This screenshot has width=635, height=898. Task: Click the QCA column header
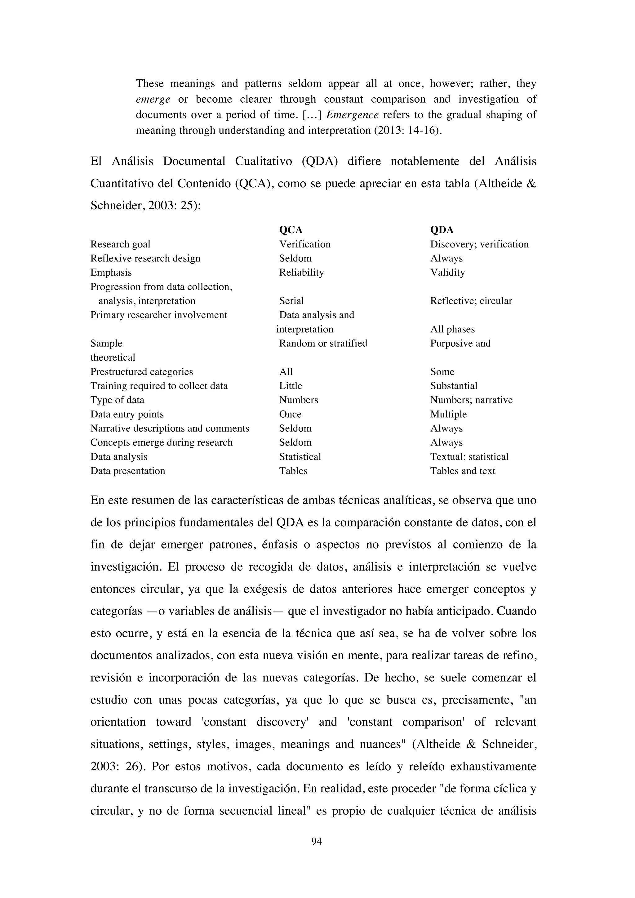pos(291,230)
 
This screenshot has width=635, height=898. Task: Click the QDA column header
pos(442,230)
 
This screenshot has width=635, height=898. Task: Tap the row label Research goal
pos(120,244)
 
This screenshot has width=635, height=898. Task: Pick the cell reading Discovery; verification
pos(479,244)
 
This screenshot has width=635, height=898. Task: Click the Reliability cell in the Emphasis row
pos(301,273)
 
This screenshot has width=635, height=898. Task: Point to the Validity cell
pos(447,273)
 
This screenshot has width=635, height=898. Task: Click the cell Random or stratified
pos(323,343)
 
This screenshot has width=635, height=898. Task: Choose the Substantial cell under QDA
pos(454,386)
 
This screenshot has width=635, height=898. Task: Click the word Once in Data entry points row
pos(290,414)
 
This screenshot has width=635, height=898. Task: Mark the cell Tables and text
pos(463,471)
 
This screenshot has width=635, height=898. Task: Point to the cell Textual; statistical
pos(469,457)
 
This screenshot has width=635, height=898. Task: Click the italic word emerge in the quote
pos(153,99)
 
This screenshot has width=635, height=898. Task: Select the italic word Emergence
pos(352,115)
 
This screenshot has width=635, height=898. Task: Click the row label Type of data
pos(117,400)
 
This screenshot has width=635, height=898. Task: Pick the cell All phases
pos(452,329)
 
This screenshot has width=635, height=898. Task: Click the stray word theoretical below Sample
pos(113,358)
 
